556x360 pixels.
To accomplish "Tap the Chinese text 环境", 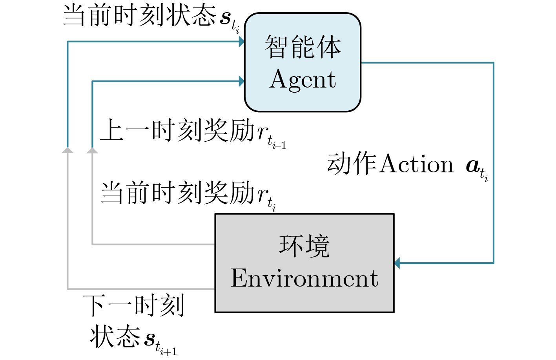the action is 304,246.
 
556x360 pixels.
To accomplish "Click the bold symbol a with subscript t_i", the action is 477,169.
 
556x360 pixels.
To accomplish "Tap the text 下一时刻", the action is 134,305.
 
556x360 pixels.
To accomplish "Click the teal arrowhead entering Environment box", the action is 397,263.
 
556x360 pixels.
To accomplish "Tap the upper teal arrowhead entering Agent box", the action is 242,42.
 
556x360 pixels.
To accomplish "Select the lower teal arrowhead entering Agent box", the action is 242,81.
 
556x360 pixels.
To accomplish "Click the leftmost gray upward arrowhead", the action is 67,150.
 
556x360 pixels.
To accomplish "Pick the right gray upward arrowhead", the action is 92,150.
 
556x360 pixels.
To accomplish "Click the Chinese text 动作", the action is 352,163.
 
